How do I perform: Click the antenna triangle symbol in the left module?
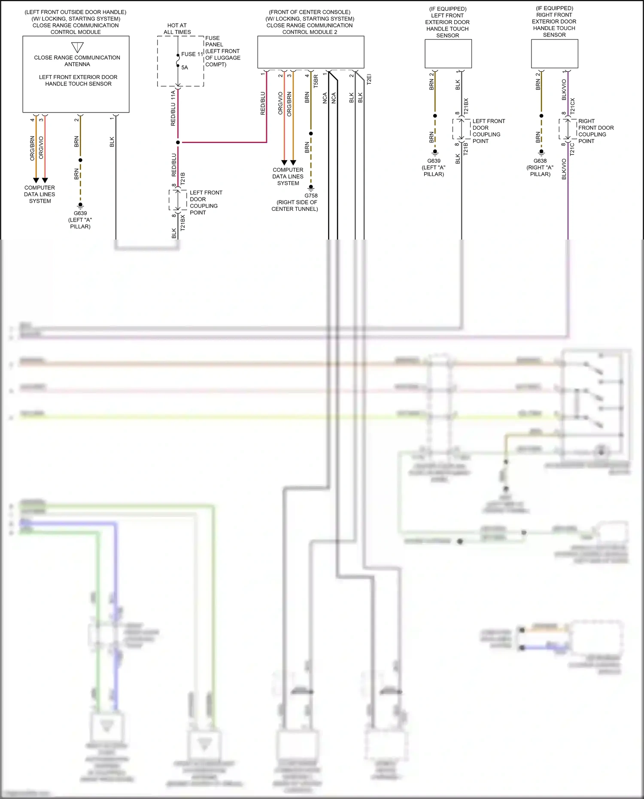coord(77,47)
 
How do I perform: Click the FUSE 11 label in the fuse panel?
coord(191,54)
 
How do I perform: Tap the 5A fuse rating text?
coord(185,67)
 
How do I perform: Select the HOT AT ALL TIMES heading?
coord(177,29)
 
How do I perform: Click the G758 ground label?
coord(311,196)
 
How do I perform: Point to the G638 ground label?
coord(540,161)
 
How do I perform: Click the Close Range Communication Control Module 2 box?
coord(310,52)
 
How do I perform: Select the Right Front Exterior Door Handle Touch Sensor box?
coord(554,54)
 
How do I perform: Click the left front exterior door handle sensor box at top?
coord(448,54)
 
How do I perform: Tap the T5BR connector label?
coord(316,81)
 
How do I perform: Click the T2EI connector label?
coord(369,79)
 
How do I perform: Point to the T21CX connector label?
coord(572,106)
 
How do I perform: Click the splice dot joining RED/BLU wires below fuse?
coord(178,142)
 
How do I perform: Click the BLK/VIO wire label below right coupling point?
coord(564,169)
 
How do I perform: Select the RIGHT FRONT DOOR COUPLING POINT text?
coord(595,131)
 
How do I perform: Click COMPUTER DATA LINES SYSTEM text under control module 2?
coord(288,176)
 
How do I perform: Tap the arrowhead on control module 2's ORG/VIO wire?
coord(284,163)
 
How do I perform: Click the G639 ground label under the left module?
coord(80,213)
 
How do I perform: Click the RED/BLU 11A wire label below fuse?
coord(173,108)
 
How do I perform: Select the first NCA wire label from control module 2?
coord(325,98)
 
